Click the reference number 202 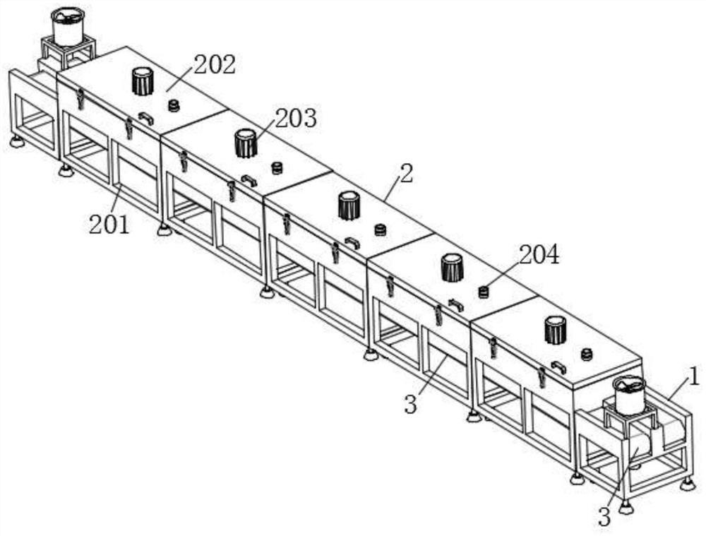tap(215, 64)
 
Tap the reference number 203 tap(296, 118)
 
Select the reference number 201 tap(109, 225)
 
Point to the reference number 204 tap(539, 256)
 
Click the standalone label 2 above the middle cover tap(406, 173)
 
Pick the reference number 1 tap(695, 377)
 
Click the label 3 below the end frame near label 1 tap(604, 517)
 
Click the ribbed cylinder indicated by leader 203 tap(245, 143)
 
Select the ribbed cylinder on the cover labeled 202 tap(143, 81)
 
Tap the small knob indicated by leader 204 tap(484, 292)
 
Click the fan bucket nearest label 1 tap(629, 395)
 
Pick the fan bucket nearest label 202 tap(68, 26)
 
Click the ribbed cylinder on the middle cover tap(349, 206)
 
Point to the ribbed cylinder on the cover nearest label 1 tap(556, 330)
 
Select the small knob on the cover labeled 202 tap(174, 105)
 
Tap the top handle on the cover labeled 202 tap(145, 118)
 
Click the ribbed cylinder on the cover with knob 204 tap(452, 268)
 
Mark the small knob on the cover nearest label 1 tap(586, 354)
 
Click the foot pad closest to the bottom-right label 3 tap(625, 506)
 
